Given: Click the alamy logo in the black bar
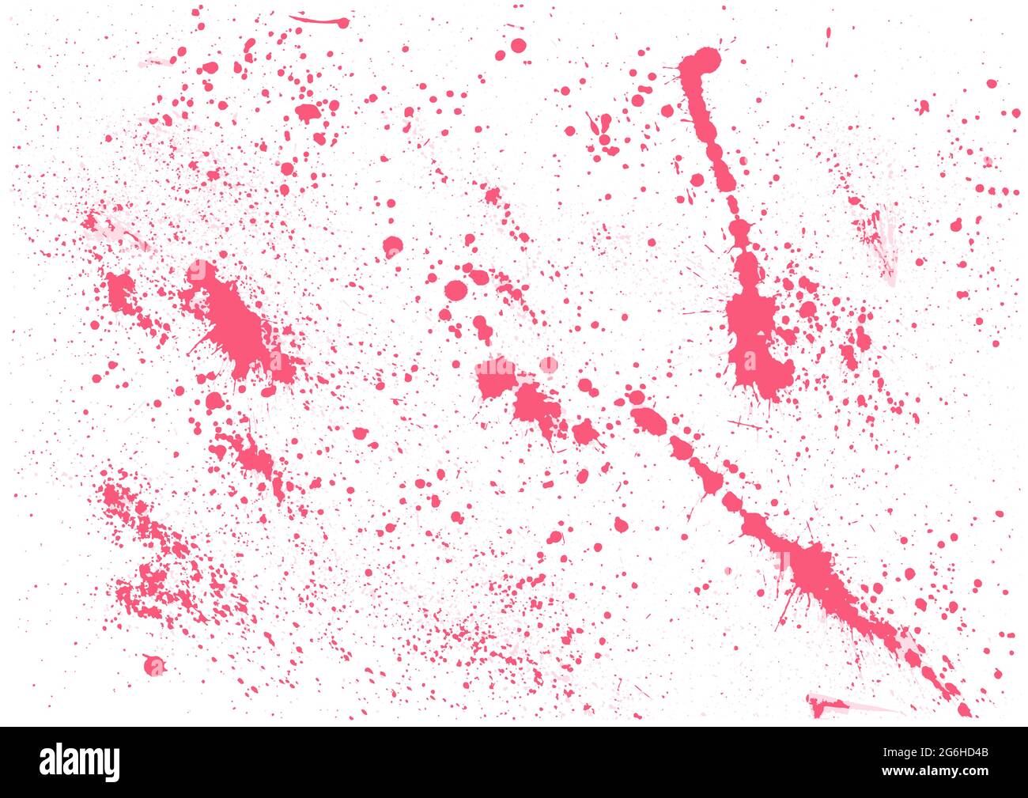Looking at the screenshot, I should (x=80, y=762).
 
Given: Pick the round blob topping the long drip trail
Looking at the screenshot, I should (x=701, y=62).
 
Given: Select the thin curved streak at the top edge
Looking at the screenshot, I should (x=319, y=20).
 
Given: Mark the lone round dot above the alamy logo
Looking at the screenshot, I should (x=153, y=665).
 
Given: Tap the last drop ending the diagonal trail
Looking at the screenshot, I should (x=964, y=709).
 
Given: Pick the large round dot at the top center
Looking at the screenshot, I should (x=517, y=45).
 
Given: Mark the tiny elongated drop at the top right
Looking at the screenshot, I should (x=828, y=33).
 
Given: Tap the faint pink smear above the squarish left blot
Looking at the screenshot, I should (x=111, y=228).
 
